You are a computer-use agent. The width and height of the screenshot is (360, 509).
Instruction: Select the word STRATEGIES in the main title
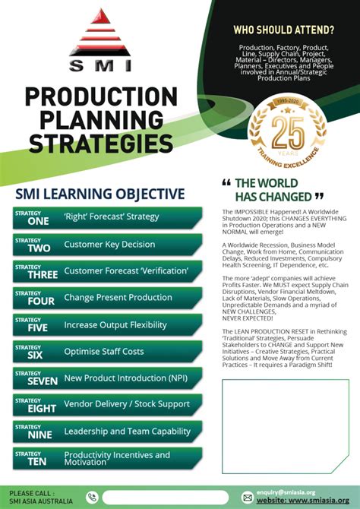101,142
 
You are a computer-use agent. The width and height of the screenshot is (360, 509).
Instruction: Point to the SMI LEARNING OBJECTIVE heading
100,194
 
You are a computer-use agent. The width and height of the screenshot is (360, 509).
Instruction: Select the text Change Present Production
118,298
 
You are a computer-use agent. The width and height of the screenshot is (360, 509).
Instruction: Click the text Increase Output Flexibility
115,325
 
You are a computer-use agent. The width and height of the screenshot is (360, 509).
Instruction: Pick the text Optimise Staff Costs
104,352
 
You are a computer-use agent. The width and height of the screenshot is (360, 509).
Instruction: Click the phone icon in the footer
92,498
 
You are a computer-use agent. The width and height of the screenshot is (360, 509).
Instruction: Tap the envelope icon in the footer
247,497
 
